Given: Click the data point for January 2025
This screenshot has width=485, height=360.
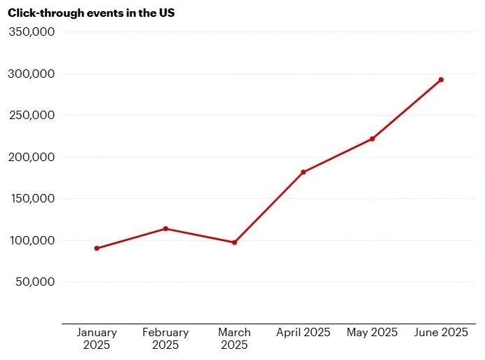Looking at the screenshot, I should pos(97,248).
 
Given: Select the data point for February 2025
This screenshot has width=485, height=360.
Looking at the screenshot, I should pos(165,228).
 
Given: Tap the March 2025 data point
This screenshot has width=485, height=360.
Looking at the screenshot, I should pos(234,242).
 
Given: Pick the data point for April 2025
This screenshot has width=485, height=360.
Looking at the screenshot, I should pos(303,172).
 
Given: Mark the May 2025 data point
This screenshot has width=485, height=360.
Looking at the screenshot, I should pos(372,139).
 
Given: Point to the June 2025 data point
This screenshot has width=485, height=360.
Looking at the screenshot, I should pos(441,80).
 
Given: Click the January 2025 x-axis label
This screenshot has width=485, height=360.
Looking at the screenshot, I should pos(97,338).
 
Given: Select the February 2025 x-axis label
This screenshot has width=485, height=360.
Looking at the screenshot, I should pos(165,338).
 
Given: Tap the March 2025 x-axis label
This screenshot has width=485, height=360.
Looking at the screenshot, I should pos(234,338).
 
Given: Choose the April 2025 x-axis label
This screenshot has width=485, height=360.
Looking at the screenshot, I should pos(303,332).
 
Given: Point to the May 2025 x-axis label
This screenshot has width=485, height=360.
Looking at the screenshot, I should pos(372,332).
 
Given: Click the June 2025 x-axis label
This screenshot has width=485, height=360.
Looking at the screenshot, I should pos(441,332).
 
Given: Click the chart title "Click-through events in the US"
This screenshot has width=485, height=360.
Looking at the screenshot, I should pos(91,13).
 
